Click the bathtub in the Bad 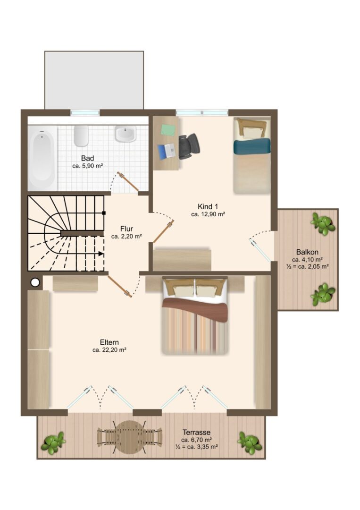click(42, 158)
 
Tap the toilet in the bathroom click(81, 136)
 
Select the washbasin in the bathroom click(125, 134)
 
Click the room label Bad click(87, 158)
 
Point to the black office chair click(189, 146)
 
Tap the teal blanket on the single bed click(252, 146)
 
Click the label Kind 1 click(208, 206)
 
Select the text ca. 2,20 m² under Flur click(126, 237)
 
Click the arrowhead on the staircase click(101, 254)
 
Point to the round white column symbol click(35, 282)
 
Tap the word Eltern click(109, 342)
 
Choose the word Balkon click(307, 252)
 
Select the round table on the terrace click(130, 437)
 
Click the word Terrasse click(196, 433)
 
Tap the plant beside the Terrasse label click(250, 442)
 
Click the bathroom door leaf click(128, 181)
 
